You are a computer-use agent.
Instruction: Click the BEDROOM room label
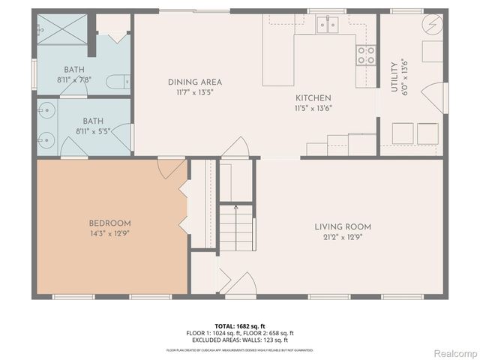(110, 223)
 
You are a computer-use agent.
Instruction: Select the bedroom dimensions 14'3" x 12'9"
(110, 233)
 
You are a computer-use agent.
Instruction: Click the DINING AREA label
(194, 82)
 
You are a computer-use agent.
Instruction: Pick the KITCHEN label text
(313, 98)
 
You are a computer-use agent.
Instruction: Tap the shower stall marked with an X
(61, 33)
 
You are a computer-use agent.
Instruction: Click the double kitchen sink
(328, 26)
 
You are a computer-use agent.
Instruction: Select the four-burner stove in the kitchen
(365, 54)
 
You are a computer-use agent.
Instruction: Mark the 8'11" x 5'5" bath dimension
(93, 130)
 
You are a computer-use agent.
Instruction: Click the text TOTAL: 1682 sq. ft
(240, 326)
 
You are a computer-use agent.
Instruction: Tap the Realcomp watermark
(451, 352)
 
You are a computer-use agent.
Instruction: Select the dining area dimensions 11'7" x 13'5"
(194, 92)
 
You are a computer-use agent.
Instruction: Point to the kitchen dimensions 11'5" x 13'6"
(313, 108)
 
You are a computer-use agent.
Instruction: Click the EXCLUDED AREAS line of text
(240, 340)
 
